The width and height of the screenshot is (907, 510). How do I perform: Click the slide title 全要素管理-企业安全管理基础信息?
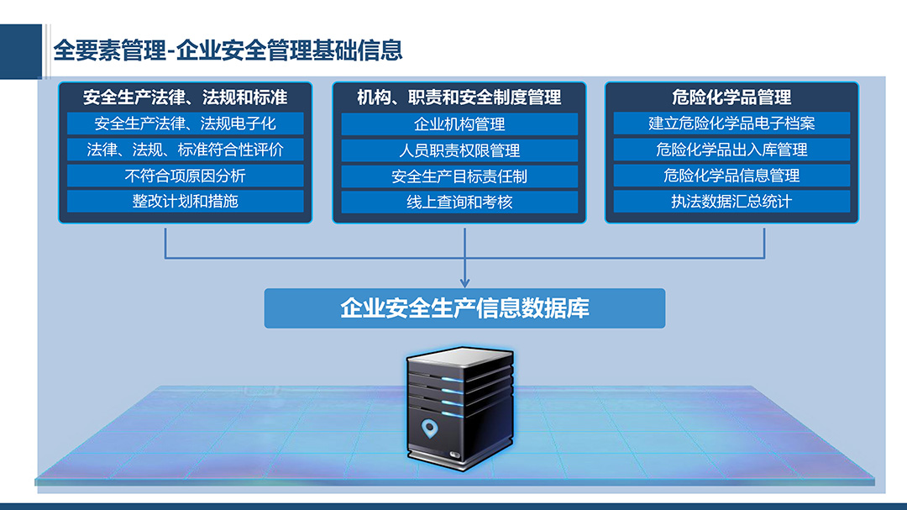pos(228,50)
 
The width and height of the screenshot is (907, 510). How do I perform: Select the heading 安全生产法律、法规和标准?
pos(185,97)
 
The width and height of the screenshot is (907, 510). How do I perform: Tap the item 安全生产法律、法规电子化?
pos(185,124)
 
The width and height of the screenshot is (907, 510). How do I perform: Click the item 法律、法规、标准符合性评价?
pos(185,150)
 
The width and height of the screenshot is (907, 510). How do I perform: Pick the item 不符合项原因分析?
pos(185,176)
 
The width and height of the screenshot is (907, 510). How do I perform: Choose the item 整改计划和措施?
pos(185,202)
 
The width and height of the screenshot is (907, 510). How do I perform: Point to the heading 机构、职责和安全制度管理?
pos(459,97)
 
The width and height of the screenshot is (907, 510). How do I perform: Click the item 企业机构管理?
pos(459,124)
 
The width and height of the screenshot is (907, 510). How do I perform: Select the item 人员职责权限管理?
pos(459,150)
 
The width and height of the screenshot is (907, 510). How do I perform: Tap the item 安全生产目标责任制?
pos(459,176)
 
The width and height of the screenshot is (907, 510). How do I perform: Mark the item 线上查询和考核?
pos(459,202)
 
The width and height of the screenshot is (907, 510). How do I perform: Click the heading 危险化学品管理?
pos(731,97)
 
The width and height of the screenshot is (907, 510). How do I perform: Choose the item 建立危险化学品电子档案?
pos(731,124)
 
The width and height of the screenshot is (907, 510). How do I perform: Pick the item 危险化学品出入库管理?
pos(731,150)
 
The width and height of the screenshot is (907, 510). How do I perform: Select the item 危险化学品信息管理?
pos(731,176)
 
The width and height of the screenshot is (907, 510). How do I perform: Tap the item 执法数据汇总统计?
pos(731,202)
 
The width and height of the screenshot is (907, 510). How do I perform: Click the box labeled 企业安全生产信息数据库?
pos(464,308)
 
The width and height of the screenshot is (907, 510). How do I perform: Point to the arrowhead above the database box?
pos(464,282)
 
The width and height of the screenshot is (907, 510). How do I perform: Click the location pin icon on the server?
pos(429,429)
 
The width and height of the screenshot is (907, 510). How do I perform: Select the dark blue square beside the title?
pos(21,51)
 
